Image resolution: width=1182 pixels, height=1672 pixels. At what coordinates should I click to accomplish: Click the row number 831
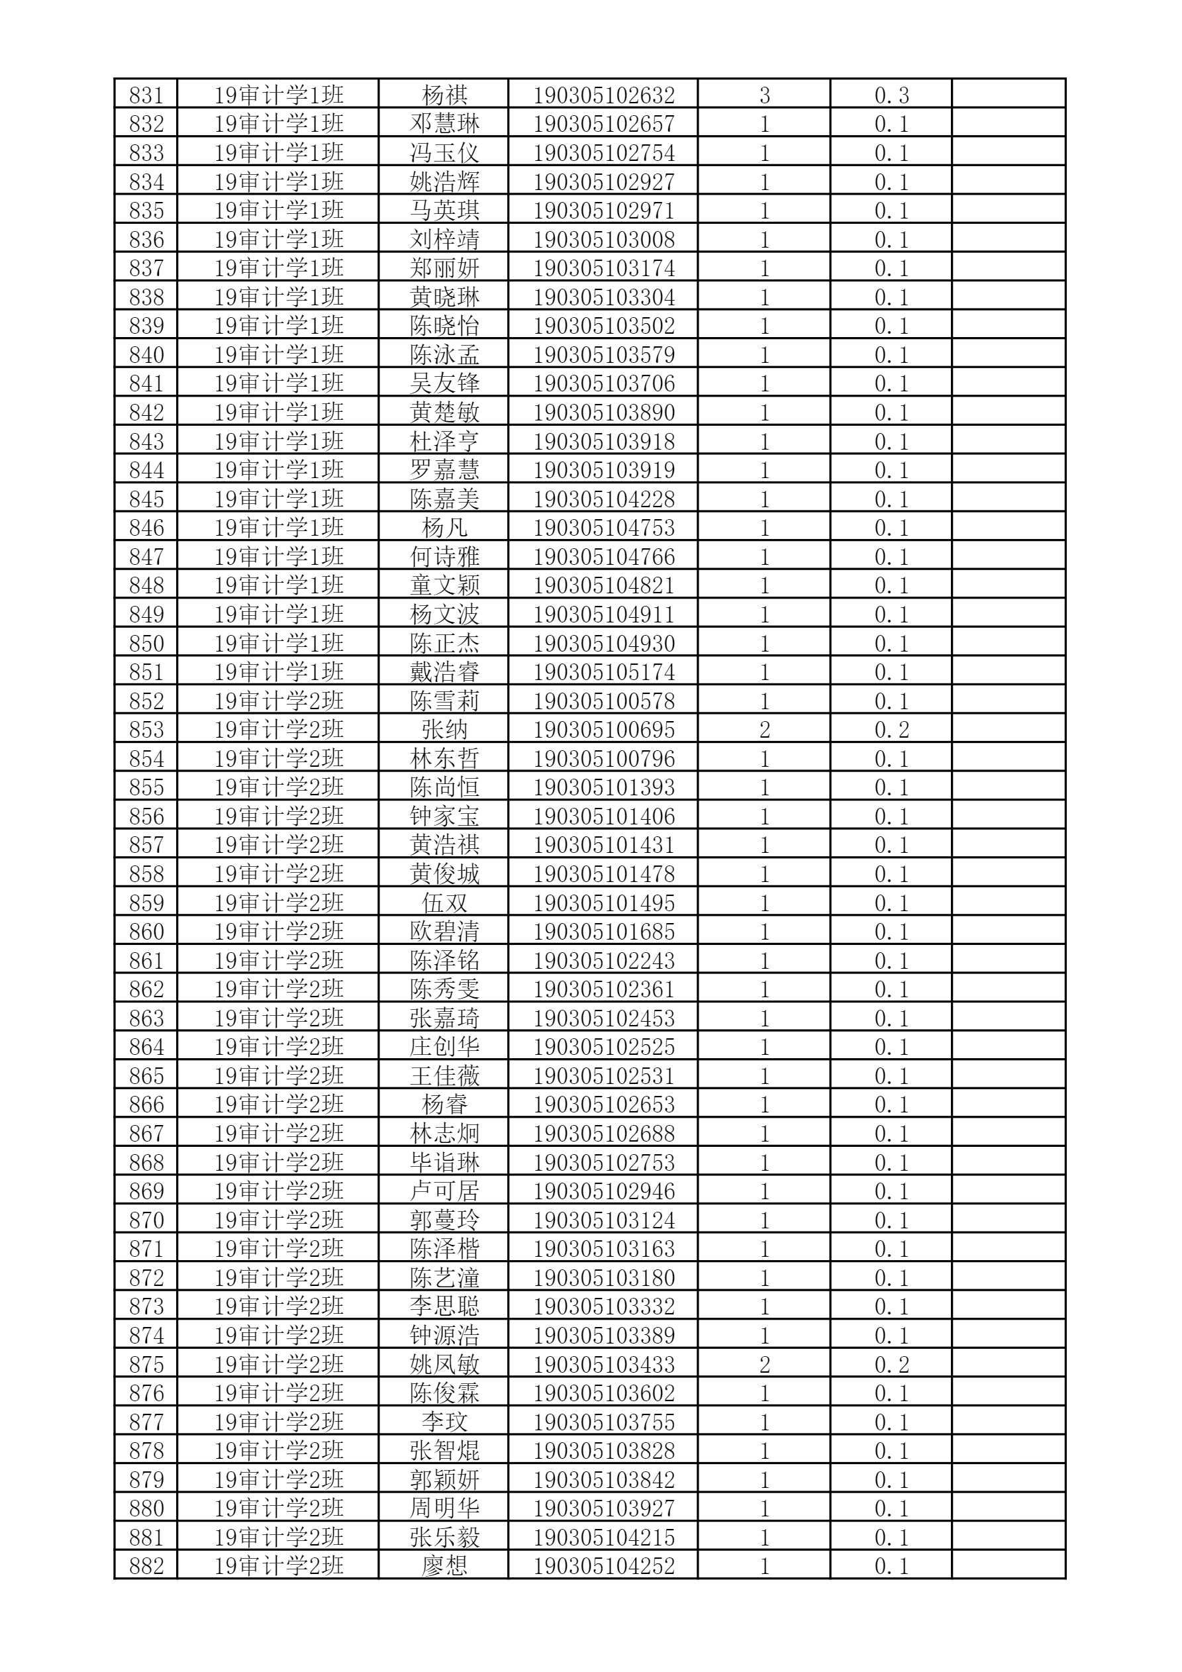(x=146, y=95)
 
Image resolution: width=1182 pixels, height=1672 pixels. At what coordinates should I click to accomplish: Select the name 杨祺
(x=444, y=95)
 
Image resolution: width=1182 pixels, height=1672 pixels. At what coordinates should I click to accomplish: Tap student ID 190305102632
(x=604, y=95)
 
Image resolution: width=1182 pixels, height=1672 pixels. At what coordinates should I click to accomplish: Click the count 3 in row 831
(x=764, y=95)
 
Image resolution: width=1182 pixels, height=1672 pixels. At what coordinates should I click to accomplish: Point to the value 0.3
(x=891, y=95)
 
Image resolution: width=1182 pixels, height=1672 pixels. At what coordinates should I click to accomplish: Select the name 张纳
(x=444, y=730)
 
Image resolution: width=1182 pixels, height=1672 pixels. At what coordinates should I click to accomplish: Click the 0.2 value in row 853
(x=891, y=730)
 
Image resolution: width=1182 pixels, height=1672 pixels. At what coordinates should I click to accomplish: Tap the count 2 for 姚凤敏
(x=764, y=1365)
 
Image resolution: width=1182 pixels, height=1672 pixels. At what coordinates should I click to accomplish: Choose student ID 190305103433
(x=604, y=1365)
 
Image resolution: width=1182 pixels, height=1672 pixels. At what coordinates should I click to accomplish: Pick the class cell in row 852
(x=278, y=701)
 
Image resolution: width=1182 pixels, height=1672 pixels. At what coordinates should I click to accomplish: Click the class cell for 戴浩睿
(x=278, y=672)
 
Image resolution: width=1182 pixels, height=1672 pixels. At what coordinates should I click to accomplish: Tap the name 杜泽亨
(x=444, y=441)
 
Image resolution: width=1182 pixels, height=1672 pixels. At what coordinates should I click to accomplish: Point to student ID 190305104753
(x=604, y=528)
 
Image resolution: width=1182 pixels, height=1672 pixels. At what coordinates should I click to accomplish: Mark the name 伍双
(x=444, y=903)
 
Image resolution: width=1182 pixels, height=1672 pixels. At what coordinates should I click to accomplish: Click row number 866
(x=146, y=1105)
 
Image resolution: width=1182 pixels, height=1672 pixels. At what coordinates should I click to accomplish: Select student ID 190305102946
(x=604, y=1191)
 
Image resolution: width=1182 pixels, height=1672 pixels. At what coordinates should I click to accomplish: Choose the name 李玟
(x=444, y=1422)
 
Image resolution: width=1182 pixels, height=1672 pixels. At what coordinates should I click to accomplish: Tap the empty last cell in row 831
(x=1009, y=95)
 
